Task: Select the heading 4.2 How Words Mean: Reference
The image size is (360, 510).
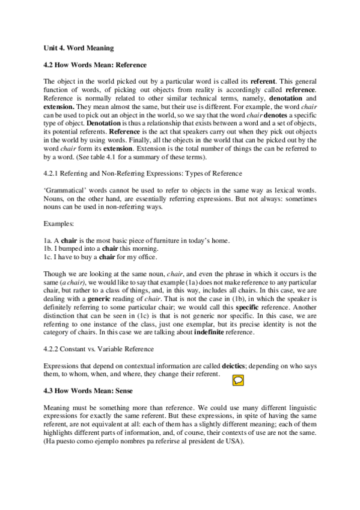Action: click(x=96, y=64)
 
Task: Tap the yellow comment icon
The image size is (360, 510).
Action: click(x=237, y=379)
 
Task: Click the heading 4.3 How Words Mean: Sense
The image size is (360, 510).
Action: click(x=88, y=390)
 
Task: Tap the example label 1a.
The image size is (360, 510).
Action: click(x=48, y=241)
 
